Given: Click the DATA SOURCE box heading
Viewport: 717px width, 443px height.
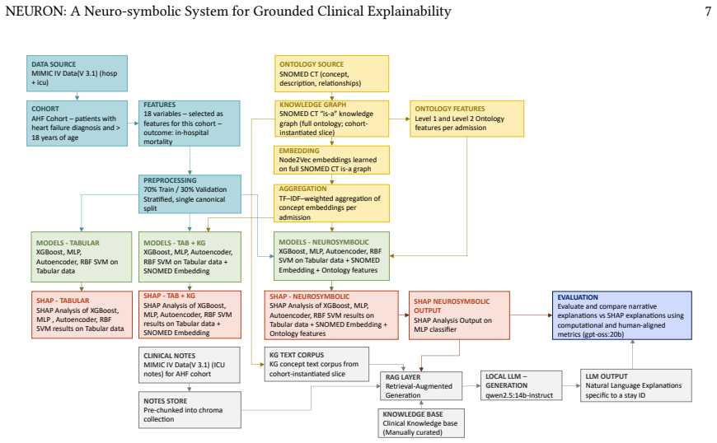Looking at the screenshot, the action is tap(54, 64).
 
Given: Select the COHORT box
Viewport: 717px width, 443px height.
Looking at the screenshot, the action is tap(77, 124).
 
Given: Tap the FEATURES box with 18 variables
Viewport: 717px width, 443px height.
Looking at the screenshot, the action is tap(190, 124).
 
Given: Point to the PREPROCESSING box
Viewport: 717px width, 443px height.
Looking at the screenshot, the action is tap(190, 194).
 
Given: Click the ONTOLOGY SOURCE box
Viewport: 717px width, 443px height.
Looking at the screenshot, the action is tap(331, 74).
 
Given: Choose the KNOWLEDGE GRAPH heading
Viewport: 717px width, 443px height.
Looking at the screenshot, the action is tap(313, 105).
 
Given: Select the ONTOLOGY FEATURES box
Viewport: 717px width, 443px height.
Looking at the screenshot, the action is tap(466, 119).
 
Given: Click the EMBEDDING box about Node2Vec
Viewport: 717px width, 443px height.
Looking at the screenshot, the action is tap(332, 160).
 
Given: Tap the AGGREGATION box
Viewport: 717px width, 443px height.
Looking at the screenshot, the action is tap(332, 203).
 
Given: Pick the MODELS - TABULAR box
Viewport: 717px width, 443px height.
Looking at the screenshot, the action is tap(82, 257).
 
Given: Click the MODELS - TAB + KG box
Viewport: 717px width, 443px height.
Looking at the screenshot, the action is tap(190, 257).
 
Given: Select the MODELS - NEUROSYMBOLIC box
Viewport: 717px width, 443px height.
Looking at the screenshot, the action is tap(331, 256).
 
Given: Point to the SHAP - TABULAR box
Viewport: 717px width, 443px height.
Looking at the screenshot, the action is tap(82, 315).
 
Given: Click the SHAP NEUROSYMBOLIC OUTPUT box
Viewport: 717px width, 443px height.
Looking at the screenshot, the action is tap(459, 315).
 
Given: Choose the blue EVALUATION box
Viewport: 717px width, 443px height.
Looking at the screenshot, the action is tap(622, 315).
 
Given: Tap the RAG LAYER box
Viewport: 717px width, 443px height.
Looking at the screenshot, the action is tap(421, 386).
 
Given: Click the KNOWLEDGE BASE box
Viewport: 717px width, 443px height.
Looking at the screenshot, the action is tap(421, 423).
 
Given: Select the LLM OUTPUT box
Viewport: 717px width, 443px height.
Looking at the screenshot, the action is tap(636, 385).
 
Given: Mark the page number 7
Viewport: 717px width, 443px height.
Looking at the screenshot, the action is tap(708, 11).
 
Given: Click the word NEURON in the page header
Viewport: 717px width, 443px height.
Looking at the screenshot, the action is tap(35, 11).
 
